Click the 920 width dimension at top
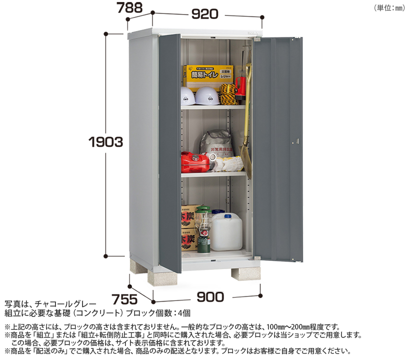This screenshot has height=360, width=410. tap(204, 14)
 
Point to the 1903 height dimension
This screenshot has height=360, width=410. tap(102, 142)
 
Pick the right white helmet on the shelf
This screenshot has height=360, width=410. tap(206, 95)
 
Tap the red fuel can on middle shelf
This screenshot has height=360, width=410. tap(194, 162)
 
